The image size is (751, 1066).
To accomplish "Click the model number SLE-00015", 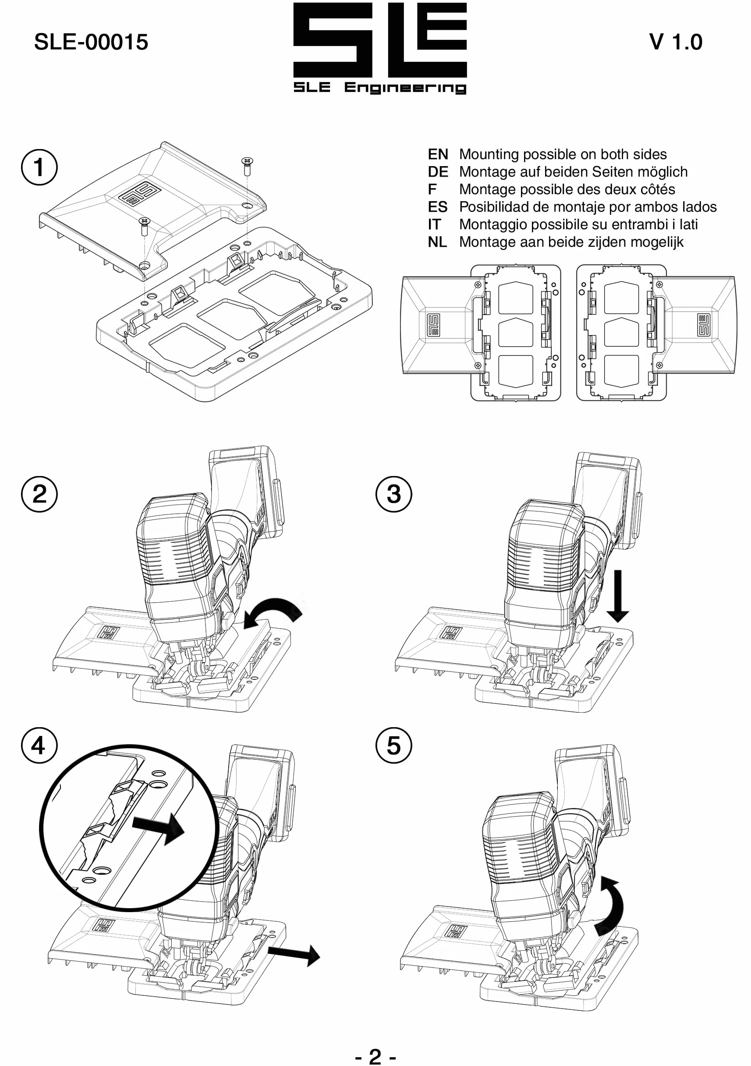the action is (x=91, y=42).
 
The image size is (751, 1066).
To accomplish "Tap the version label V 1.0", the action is (x=675, y=42).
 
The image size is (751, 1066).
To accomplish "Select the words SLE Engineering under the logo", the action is (x=380, y=88).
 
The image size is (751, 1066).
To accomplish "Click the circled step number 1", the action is (x=39, y=167).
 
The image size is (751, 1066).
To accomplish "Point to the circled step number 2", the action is (x=39, y=494).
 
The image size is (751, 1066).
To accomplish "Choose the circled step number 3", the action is (x=393, y=494).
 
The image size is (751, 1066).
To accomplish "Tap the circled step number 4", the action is (x=39, y=746).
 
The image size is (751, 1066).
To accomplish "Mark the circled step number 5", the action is (x=393, y=746).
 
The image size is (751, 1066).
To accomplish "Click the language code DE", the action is (x=438, y=172).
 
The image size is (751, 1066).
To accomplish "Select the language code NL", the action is (x=437, y=242).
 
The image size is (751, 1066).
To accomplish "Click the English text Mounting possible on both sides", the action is (x=563, y=154).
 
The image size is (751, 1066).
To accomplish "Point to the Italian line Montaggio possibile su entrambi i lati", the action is (x=578, y=224).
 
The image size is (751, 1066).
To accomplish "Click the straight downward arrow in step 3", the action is (x=617, y=596).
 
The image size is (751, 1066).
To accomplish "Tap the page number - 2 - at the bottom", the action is (x=375, y=1056).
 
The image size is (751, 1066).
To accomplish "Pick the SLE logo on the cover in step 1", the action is (x=139, y=194).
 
